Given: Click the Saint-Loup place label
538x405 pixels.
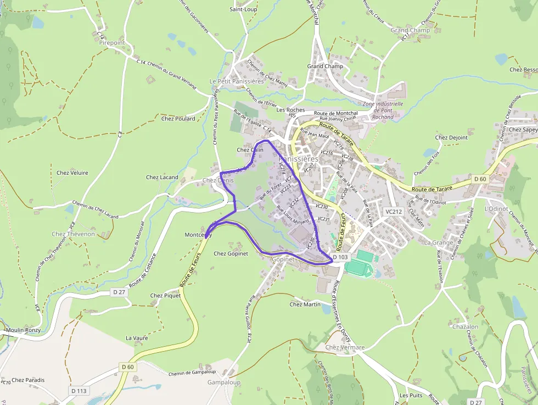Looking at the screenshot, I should point(243,9).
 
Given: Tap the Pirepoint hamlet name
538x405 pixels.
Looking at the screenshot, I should point(112,42).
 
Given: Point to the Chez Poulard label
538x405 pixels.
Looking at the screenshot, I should point(178,118).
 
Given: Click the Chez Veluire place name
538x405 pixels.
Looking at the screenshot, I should point(72,173).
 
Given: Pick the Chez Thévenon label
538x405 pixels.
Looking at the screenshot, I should point(73,234).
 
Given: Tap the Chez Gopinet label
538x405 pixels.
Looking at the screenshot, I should point(231,253).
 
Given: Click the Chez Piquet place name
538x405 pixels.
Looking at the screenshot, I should point(165,295).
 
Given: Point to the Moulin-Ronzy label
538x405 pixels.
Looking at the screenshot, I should point(23,330).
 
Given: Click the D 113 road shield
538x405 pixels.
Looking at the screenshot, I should point(79,391).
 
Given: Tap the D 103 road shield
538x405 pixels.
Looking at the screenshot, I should point(340,257).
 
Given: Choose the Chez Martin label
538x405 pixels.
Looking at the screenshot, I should point(305,304).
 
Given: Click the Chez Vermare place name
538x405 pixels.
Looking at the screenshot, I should point(345,347).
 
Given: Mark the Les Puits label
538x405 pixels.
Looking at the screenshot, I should point(411,395).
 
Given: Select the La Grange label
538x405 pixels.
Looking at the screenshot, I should point(439,242).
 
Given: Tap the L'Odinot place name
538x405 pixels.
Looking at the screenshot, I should point(497,209).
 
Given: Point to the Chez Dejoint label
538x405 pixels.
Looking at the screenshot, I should point(451,137).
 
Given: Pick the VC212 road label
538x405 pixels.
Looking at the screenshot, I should point(394,211).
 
